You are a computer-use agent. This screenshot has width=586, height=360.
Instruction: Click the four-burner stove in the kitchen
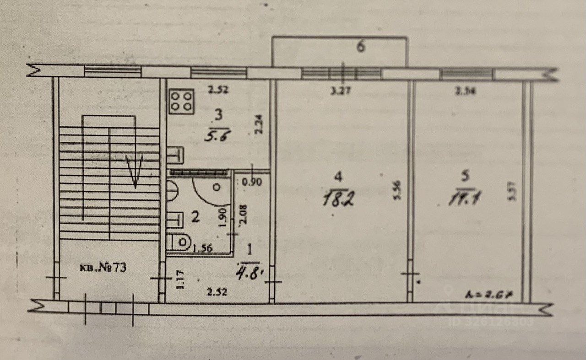(x=182, y=101)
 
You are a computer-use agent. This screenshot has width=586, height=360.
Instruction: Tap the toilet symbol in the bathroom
(x=179, y=242)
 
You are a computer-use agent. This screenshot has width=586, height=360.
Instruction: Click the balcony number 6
(x=361, y=47)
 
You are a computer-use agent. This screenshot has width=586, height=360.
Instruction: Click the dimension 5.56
(x=397, y=190)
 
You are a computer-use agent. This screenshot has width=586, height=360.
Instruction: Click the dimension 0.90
(x=251, y=182)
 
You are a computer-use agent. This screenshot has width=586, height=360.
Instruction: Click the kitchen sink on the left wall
(x=176, y=155)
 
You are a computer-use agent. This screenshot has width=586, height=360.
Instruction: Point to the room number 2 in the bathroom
(x=195, y=218)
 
